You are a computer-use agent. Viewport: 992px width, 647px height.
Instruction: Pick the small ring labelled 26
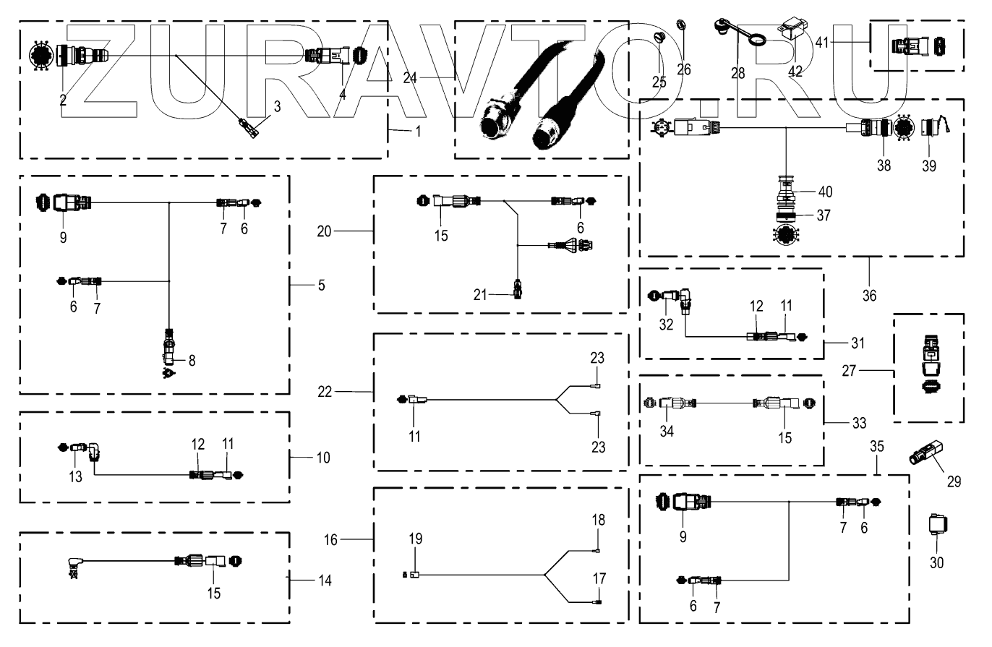(x=680, y=26)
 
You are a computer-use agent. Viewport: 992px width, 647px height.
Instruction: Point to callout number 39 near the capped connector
(x=929, y=166)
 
